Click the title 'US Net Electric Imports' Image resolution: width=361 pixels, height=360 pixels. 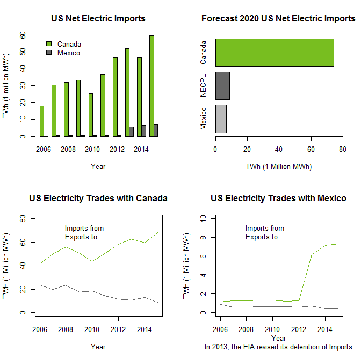coord(98,18)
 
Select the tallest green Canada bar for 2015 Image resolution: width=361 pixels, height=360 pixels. coord(151,86)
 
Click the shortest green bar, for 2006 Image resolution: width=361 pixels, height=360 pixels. coord(42,121)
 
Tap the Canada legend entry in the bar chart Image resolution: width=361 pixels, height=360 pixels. coord(69,43)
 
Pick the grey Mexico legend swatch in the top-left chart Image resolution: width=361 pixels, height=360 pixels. coord(49,53)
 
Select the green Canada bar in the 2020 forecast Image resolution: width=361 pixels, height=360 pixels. coord(275,53)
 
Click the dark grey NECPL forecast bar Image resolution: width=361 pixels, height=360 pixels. coord(222,86)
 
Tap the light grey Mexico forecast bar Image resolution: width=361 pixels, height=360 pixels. coord(221,119)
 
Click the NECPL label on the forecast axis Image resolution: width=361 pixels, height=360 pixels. coord(204,86)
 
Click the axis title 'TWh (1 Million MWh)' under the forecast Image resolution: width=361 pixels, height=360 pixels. coord(278,166)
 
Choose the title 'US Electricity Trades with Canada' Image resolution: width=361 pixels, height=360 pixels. coord(98,198)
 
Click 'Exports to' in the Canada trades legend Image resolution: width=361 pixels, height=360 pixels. coord(81,237)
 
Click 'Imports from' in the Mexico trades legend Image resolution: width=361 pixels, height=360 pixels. coord(264,228)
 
